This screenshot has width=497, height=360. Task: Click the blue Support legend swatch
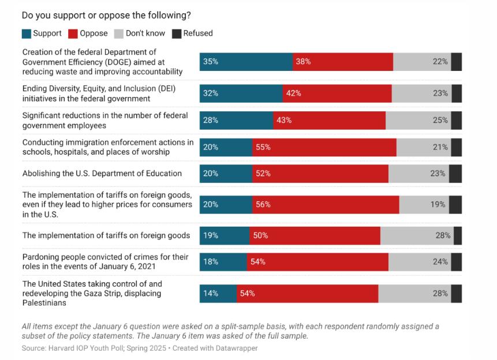coord(26,33)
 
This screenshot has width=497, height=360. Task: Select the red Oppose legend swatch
coord(73,33)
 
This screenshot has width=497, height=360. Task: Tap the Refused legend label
coord(198,33)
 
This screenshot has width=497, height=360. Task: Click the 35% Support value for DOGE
coord(211,62)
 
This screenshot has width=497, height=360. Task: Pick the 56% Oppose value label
coord(263,204)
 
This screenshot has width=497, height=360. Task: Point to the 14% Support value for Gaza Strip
coord(211,293)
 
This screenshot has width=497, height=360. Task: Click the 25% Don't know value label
coord(440,121)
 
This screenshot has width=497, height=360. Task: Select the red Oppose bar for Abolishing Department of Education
coord(320,173)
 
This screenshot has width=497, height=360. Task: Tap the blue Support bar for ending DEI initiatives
coord(241,93)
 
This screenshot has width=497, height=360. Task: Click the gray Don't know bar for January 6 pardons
coord(419,262)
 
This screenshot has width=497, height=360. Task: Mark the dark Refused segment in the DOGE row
coord(456,62)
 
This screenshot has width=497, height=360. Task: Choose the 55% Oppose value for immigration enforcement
coord(263,147)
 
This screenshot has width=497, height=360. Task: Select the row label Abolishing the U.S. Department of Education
coord(102,173)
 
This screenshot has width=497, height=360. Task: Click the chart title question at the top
coord(106,15)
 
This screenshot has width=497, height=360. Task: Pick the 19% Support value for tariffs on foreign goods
coord(210,235)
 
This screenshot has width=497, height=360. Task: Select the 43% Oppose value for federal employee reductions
coord(283,121)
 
